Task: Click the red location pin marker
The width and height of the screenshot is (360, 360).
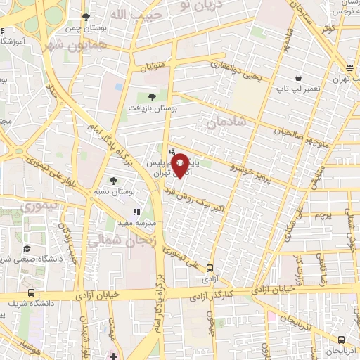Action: pos(180,165)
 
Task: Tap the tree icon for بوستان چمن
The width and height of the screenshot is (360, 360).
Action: pos(86,16)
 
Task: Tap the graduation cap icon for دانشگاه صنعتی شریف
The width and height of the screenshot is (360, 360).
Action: pos(27,248)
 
